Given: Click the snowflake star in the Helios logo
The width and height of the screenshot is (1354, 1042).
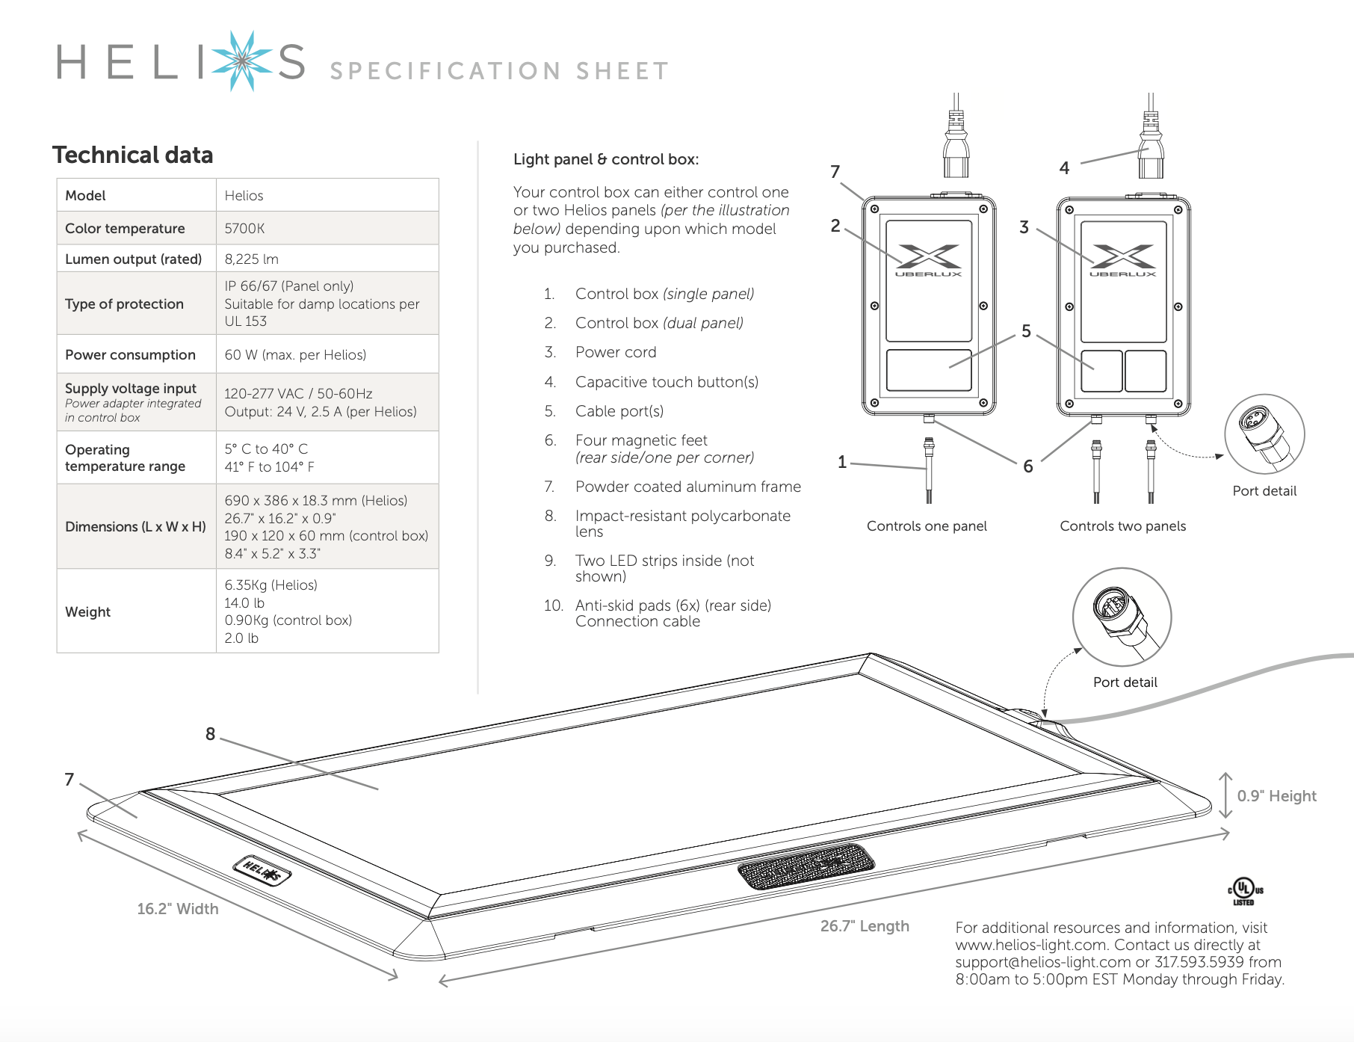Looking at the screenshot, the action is pos(241,61).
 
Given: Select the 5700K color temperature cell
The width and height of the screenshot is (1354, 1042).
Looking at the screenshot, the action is pos(245,228).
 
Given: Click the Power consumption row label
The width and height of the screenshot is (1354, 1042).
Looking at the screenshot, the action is pos(130,354).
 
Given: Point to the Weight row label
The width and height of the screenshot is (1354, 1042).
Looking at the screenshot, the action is pos(87,611).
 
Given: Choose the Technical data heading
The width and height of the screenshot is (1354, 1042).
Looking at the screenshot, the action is pos(132,155).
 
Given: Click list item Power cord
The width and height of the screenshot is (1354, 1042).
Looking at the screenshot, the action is pos(616,352).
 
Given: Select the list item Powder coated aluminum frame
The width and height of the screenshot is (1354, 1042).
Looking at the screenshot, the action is pos(687,487).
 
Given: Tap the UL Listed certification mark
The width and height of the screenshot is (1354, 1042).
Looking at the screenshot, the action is pos(1245,891).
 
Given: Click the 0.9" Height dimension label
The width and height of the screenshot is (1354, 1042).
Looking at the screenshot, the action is pos(1276,796).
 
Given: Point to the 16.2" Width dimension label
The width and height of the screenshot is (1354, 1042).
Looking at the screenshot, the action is pos(178,909).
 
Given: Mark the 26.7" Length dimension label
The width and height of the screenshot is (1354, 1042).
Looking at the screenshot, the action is pos(865,926).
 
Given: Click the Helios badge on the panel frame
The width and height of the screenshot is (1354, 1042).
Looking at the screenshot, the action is pos(262,871).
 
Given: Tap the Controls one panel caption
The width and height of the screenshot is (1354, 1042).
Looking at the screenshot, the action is pos(927,526).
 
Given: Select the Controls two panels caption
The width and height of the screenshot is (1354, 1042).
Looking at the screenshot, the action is pos(1122,526).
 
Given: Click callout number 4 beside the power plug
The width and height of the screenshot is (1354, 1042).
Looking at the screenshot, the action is pos(1064,168).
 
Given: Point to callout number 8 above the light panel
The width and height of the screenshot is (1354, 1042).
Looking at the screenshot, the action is pos(211,734).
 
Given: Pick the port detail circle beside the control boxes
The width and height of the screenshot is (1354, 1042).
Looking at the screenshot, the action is pos(1264,434).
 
